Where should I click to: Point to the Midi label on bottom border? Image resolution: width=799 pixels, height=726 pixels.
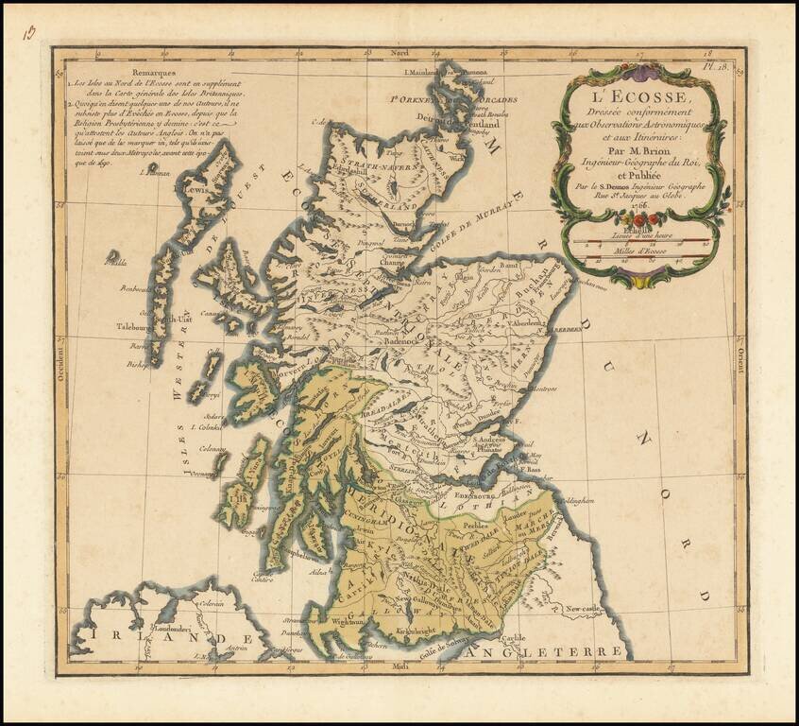click(x=398, y=669)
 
